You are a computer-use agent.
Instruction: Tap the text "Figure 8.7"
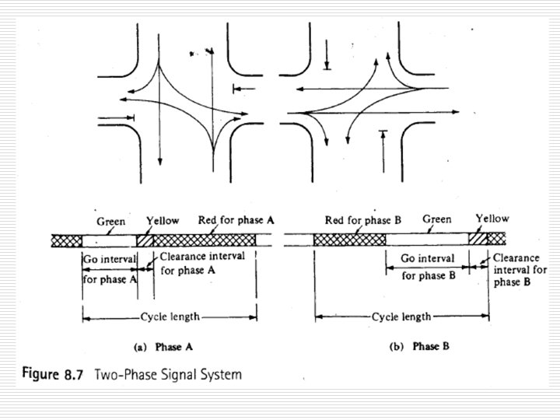click(x=51, y=374)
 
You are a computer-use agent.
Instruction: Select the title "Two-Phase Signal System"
click(x=168, y=374)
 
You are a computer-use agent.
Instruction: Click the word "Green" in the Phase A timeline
click(x=112, y=221)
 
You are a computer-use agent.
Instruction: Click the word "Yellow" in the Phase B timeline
click(x=492, y=220)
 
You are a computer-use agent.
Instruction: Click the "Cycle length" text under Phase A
click(x=170, y=317)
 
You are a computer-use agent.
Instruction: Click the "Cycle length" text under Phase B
click(x=401, y=317)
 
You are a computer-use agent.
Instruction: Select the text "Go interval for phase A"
click(x=109, y=264)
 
